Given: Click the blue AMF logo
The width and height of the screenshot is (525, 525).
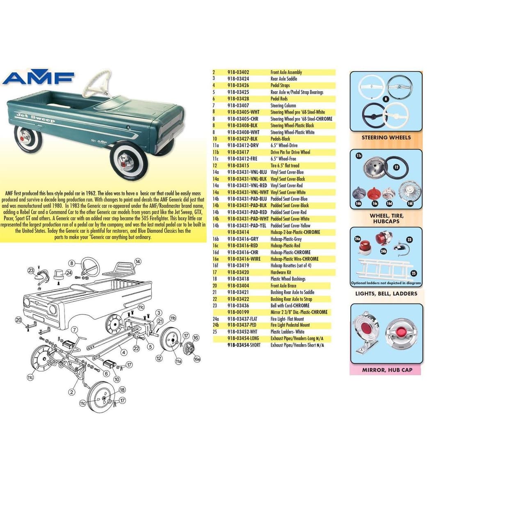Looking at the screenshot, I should (x=39, y=78).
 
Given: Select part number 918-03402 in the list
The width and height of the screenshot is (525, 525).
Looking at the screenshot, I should (x=238, y=72).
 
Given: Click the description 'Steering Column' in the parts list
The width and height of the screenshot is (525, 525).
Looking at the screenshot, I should (x=283, y=105).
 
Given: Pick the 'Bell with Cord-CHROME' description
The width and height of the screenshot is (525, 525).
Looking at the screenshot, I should (x=290, y=306).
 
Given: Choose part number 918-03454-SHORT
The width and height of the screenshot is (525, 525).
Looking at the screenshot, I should (x=244, y=345).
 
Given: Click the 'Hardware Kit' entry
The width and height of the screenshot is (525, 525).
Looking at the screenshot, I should (x=281, y=272).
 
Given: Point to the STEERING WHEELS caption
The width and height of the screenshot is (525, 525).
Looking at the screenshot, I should (x=386, y=138).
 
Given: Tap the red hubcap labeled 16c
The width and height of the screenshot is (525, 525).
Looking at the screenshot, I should (x=374, y=194).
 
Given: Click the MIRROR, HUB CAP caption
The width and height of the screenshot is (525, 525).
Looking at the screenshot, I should (x=387, y=370).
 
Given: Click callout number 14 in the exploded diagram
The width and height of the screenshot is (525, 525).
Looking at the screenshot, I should (x=138, y=262).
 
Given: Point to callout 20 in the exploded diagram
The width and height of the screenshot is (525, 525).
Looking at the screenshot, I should (x=18, y=320).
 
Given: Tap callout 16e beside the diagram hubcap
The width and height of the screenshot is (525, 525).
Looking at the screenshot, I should (x=197, y=359).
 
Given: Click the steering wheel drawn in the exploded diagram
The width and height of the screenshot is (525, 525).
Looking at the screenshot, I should (x=89, y=267).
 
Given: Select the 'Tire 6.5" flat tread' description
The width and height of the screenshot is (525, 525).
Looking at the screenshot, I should (x=285, y=166).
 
